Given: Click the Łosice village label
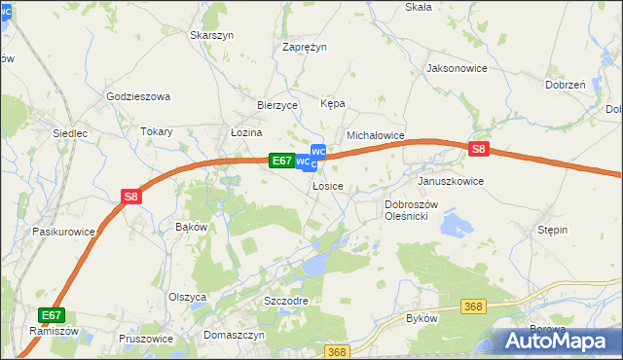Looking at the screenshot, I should tap(328, 186).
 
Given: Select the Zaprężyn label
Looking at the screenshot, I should tap(305, 47).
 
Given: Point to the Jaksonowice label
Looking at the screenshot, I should tap(457, 69).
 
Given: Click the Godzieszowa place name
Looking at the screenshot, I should tap(138, 96).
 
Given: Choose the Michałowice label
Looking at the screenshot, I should tap(376, 136).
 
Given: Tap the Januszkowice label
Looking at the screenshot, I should tap(451, 181).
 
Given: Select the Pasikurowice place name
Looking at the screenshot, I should tap(63, 232).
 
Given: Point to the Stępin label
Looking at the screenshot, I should tap(552, 230).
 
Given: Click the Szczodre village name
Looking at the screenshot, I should tap(286, 301).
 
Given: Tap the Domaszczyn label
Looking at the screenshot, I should tap(235, 335).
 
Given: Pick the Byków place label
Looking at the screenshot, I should tap(421, 318).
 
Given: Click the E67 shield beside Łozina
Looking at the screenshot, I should tap(281, 161).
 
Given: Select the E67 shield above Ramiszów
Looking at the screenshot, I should tap(52, 315).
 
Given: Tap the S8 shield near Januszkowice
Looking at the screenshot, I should tap(478, 149).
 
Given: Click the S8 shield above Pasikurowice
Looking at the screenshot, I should tap(132, 197).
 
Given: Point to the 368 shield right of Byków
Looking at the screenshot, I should tap(474, 306).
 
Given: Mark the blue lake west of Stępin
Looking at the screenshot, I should tap(455, 226).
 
